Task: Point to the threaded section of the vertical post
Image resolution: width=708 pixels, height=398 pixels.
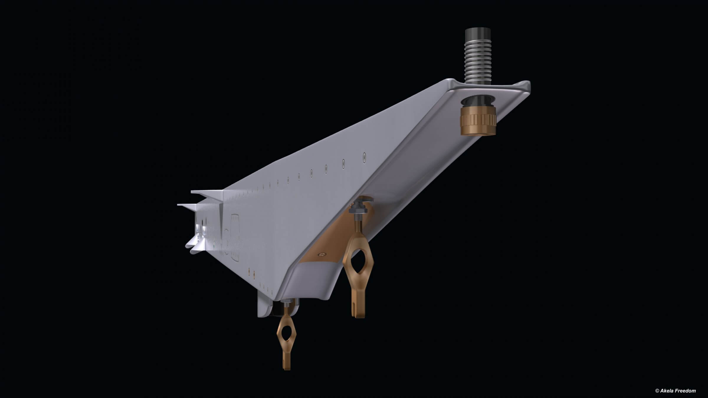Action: [x=478, y=62]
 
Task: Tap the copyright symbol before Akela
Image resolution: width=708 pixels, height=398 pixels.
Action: [x=657, y=391]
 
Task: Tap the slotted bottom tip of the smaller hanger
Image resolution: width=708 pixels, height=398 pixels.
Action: [x=287, y=364]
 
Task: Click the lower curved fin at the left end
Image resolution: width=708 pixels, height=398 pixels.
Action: [x=195, y=245]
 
